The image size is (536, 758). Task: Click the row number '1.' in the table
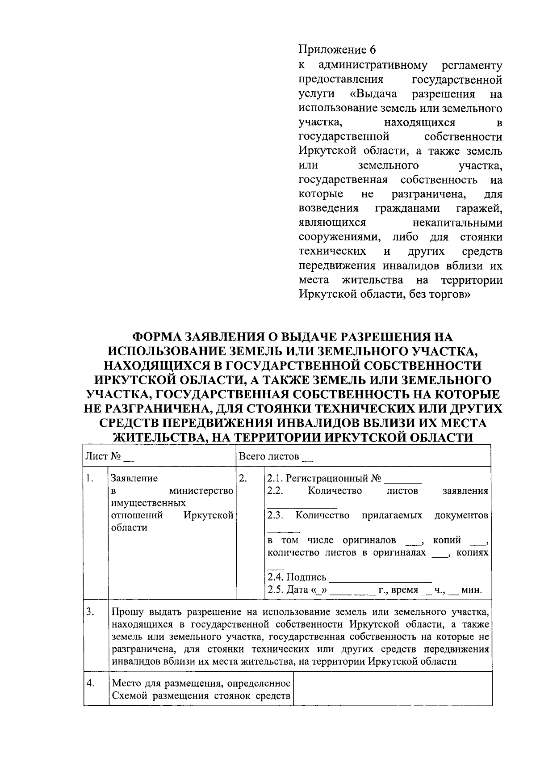tap(90, 479)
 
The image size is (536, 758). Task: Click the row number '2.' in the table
tap(243, 479)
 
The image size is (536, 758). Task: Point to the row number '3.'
tap(90, 612)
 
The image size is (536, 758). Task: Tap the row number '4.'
tap(90, 684)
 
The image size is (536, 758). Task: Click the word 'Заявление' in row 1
tap(134, 479)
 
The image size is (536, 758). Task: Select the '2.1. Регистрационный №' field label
tap(324, 479)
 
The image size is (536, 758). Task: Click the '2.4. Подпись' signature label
tap(297, 577)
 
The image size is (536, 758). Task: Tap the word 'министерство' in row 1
tap(205, 491)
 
